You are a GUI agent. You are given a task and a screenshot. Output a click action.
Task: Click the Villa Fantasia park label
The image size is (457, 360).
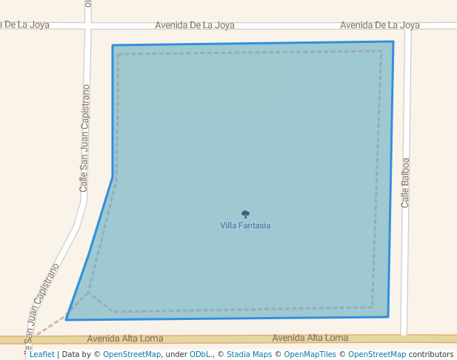[x=245, y=225]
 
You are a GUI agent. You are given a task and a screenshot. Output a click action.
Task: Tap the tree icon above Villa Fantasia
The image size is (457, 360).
[x=245, y=214]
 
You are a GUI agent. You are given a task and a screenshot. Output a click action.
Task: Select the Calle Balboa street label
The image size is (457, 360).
[x=405, y=181]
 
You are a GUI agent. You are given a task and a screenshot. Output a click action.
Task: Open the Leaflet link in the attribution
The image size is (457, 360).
[x=41, y=354]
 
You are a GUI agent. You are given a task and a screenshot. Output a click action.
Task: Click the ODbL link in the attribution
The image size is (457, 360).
[x=200, y=354]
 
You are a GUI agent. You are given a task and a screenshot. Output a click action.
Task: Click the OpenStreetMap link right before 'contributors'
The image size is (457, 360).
[x=377, y=354]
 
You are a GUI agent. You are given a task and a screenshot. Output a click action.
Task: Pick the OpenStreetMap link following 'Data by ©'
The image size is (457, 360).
[x=132, y=354]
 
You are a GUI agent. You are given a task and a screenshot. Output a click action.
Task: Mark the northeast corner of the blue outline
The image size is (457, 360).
[x=393, y=41]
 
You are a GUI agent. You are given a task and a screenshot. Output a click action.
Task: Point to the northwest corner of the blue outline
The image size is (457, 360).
[x=113, y=45]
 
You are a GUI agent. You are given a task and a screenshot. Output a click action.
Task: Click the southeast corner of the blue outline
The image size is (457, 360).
[x=388, y=317]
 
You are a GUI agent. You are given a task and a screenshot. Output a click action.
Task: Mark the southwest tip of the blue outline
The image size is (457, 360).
[x=66, y=319]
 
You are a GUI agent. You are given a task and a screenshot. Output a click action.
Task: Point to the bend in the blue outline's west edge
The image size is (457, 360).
[x=113, y=176]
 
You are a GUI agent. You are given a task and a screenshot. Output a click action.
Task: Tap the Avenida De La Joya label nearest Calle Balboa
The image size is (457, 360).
[x=380, y=25]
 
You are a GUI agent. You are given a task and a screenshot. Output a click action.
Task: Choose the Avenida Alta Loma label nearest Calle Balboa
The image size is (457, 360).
[x=310, y=338]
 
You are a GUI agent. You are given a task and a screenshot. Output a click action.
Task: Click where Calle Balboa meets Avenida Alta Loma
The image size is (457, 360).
[x=404, y=339]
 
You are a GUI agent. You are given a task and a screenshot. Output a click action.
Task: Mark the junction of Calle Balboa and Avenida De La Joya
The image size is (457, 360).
[x=407, y=25]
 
